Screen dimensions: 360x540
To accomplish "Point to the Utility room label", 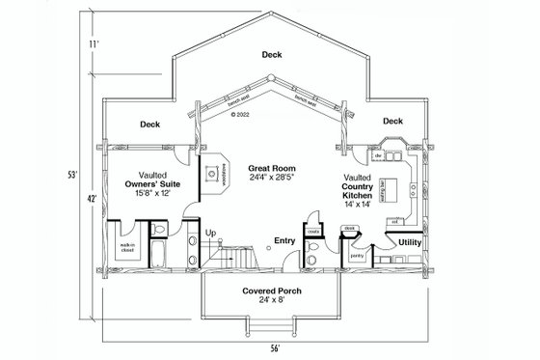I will tap(410, 242).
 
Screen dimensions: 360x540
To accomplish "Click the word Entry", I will tap(284, 241).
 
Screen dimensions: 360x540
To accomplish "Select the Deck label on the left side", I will tap(149, 124).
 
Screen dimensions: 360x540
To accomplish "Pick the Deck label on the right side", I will tap(391, 122).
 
